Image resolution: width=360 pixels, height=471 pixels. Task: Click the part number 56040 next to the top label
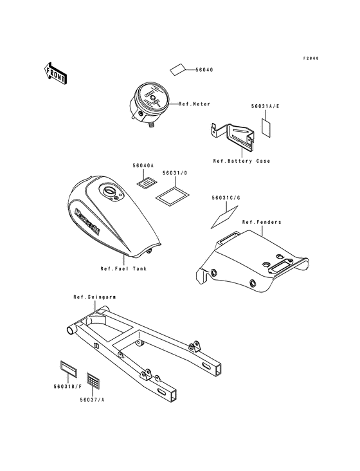pyautogui.click(x=204, y=69)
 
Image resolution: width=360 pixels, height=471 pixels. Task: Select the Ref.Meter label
pyautogui.click(x=194, y=104)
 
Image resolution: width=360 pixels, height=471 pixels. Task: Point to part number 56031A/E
pyautogui.click(x=265, y=106)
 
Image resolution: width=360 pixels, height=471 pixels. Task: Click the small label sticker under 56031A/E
pyautogui.click(x=265, y=127)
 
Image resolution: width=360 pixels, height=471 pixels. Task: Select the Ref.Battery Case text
pyautogui.click(x=242, y=161)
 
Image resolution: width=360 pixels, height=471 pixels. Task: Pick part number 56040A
pyautogui.click(x=143, y=165)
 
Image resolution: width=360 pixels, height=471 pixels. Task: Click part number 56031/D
pyautogui.click(x=175, y=173)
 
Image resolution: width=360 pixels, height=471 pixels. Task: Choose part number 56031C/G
pyautogui.click(x=226, y=198)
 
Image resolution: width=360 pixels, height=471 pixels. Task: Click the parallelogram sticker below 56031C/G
pyautogui.click(x=224, y=217)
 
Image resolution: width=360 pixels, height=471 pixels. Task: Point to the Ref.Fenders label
pyautogui.click(x=258, y=222)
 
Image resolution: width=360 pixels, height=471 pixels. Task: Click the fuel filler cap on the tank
pyautogui.click(x=109, y=190)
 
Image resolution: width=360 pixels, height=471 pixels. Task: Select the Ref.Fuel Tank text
pyautogui.click(x=123, y=268)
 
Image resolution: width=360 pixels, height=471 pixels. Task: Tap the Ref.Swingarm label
pyautogui.click(x=94, y=297)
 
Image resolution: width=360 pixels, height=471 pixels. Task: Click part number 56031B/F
pyautogui.click(x=67, y=387)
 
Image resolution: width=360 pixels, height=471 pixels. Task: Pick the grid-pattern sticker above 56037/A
pyautogui.click(x=93, y=380)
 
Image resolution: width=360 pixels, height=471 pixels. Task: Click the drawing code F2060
pyautogui.click(x=310, y=59)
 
